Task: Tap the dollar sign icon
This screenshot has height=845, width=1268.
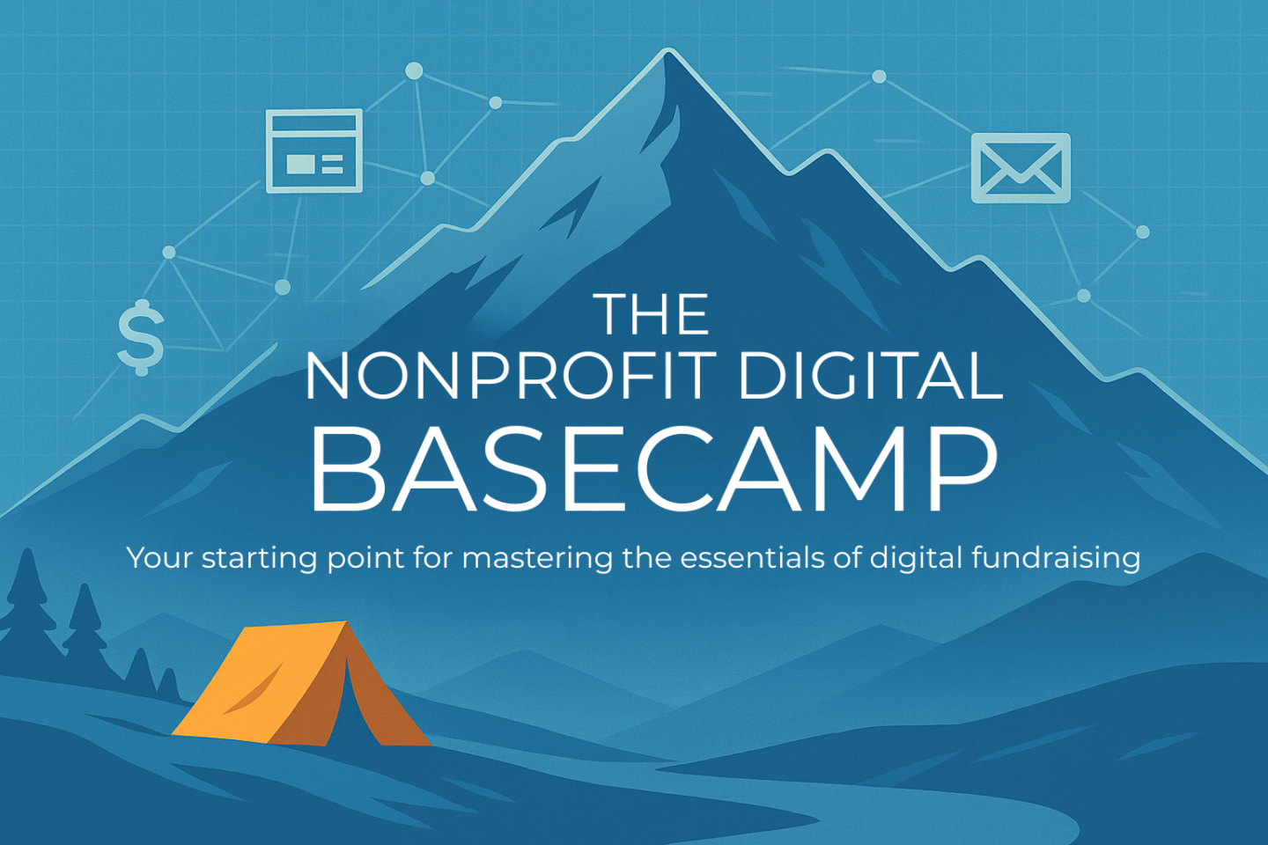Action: click(141, 337)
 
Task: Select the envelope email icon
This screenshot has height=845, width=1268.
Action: click(1021, 168)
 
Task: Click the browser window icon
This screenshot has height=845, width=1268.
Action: click(314, 151)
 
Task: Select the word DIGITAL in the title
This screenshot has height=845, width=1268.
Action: click(871, 375)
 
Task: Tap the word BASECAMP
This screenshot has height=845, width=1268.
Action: click(653, 469)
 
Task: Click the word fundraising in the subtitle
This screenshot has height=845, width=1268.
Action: click(1056, 559)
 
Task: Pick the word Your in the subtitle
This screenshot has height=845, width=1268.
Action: click(159, 558)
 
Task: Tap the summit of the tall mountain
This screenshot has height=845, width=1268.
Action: click(667, 51)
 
